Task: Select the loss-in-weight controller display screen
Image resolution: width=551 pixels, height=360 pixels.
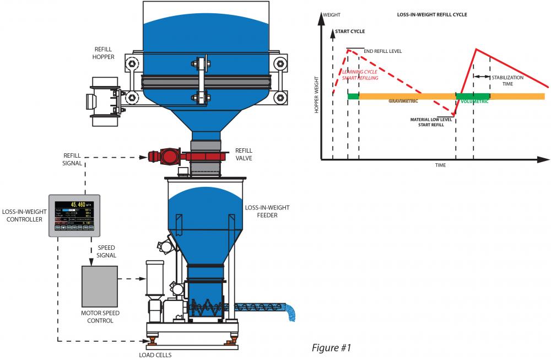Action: tap(74, 212)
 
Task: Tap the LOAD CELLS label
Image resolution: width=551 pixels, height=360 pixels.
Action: tap(155, 355)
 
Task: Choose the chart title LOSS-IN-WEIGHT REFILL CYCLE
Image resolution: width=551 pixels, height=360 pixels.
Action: tap(432, 15)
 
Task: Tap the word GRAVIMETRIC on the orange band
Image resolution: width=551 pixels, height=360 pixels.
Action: tap(403, 101)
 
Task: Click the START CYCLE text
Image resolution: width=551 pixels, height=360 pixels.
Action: tap(350, 31)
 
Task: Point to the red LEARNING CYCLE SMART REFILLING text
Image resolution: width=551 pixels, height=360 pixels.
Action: tap(360, 76)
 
